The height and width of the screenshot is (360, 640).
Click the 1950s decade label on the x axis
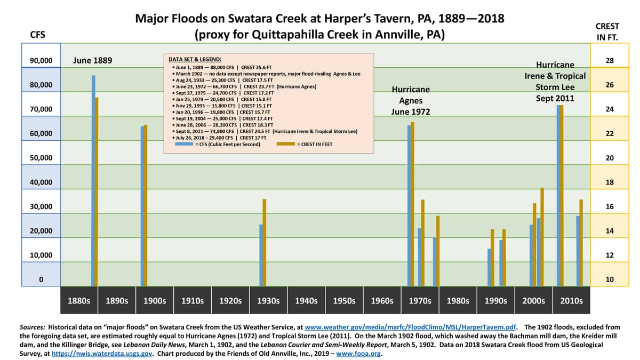coord(344,301)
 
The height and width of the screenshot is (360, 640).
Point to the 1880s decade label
coord(79,301)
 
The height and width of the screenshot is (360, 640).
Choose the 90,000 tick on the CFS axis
coord(41,61)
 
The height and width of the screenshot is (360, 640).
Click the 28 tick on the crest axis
coord(610,61)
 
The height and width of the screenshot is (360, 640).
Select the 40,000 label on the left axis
coord(41,182)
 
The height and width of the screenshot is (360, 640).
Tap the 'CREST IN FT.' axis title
coord(610,31)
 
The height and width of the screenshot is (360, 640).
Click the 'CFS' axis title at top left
coord(38,35)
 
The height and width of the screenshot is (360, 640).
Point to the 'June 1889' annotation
coord(92,60)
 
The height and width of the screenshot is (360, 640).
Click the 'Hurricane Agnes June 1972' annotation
coord(411,100)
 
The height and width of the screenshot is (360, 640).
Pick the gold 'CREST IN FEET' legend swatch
coord(287,144)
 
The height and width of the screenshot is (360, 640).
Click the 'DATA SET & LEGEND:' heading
coord(195,60)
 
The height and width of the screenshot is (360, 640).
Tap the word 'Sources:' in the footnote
coord(33,326)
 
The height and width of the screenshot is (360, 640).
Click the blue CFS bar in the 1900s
coord(142,206)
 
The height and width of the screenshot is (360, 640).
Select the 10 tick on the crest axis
coord(610,279)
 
